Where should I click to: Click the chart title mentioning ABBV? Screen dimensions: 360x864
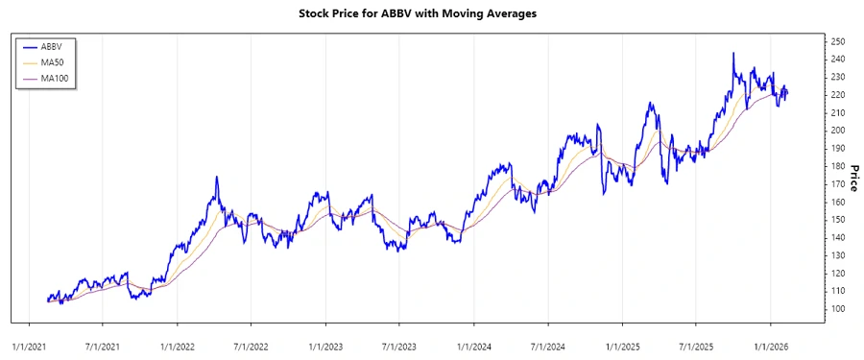point(431,15)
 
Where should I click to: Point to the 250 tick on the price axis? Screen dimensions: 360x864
point(838,41)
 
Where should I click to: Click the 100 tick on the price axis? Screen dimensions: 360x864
point(838,309)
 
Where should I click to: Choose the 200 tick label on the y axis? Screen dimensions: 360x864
point(838,131)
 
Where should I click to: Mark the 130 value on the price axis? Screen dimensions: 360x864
point(838,255)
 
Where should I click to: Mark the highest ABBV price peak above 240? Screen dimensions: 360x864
point(733,54)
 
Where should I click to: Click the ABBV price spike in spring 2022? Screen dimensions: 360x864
point(217,178)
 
